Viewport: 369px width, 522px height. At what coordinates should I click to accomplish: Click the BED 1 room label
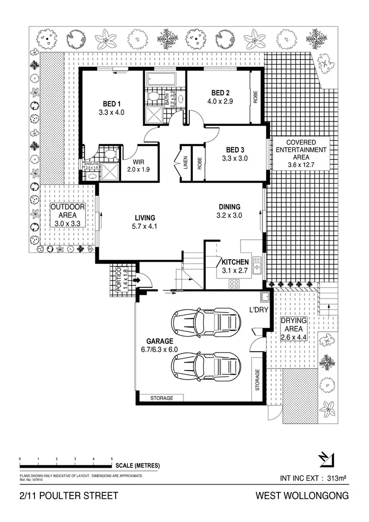111,104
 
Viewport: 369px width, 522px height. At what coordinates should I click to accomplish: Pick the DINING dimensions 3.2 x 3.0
230,215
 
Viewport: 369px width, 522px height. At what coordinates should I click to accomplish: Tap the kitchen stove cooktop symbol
234,283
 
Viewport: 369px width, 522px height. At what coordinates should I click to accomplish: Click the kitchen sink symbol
257,265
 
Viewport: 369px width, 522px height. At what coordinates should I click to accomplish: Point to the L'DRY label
258,310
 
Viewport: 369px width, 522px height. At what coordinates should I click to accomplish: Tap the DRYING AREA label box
294,329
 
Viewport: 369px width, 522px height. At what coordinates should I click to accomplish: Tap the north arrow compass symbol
325,458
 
